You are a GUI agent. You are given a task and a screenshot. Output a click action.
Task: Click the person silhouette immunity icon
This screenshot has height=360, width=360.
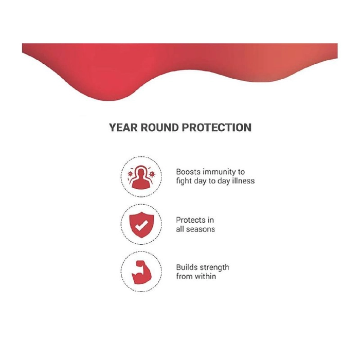tap(141, 177)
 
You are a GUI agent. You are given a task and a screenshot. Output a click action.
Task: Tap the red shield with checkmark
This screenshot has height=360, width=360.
tap(141, 225)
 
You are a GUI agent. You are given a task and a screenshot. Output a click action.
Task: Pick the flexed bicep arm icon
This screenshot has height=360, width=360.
tap(141, 272)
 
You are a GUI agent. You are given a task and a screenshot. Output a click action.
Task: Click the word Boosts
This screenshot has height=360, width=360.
tap(188, 172)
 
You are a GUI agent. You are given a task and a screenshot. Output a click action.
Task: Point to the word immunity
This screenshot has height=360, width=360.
tap(219, 172)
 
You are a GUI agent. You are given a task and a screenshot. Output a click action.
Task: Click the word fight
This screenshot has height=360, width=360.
tap(184, 182)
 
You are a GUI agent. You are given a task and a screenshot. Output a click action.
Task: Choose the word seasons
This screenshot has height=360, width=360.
tap(201, 229)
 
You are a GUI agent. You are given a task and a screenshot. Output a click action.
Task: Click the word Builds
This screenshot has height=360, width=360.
tap(186, 267)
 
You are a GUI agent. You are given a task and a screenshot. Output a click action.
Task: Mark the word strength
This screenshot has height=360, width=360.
tap(214, 268)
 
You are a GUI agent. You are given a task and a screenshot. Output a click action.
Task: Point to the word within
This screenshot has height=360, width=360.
tap(206, 276)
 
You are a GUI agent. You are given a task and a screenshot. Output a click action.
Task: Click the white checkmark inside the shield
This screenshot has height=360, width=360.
tap(141, 225)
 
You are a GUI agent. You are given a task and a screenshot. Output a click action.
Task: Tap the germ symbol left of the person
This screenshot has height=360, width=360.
tap(131, 174)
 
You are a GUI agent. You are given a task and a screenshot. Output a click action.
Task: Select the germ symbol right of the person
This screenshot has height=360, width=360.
tap(152, 174)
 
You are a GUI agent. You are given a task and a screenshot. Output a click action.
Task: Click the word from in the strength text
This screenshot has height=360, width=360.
tap(184, 276)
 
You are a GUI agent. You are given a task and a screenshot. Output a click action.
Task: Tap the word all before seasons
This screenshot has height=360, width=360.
tap(179, 229)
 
